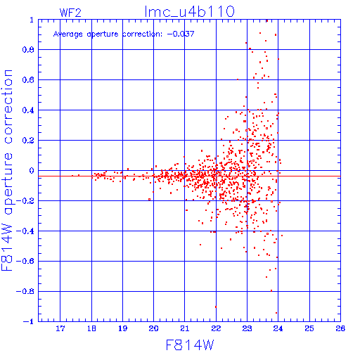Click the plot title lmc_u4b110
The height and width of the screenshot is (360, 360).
[189, 12]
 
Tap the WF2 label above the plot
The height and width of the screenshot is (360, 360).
[70, 13]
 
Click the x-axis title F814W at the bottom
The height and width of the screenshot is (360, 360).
[190, 345]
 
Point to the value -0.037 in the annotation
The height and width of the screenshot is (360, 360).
[181, 34]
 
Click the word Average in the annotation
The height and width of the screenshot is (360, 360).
[68, 34]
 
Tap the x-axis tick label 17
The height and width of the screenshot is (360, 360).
[60, 328]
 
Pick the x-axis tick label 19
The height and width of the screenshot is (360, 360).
[122, 328]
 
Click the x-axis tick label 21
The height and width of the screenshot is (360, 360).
[185, 328]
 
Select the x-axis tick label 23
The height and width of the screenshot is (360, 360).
[247, 328]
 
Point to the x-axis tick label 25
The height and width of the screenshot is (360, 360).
[309, 328]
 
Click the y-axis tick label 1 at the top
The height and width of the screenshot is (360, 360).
[32, 20]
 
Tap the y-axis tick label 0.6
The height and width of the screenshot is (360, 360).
[28, 80]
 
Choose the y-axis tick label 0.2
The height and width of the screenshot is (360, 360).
[28, 141]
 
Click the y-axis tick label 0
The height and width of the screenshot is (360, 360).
[32, 171]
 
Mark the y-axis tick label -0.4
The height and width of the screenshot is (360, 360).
[25, 231]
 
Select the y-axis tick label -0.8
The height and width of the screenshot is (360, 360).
[25, 292]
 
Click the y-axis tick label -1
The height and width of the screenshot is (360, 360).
[29, 321]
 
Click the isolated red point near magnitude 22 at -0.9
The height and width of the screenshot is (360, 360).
[216, 307]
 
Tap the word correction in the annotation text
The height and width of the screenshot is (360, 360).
[143, 34]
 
